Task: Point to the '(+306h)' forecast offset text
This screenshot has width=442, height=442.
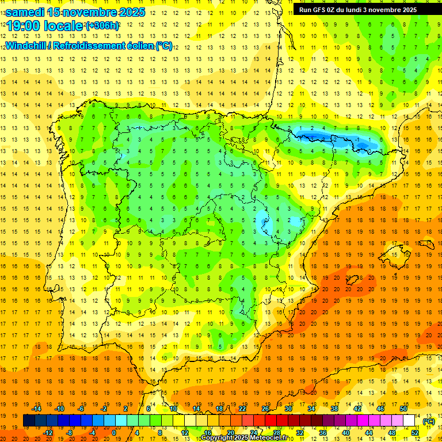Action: [102, 26]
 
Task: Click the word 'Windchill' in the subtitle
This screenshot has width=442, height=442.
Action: [26, 45]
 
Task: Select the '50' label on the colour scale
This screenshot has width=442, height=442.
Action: [403, 409]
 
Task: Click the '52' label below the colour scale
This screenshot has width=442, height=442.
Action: [415, 433]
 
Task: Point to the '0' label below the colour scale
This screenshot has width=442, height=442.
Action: [114, 433]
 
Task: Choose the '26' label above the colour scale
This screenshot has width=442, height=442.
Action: [265, 409]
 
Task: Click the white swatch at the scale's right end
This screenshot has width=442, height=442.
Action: [409, 421]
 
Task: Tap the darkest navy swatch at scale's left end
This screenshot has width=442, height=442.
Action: [29, 421]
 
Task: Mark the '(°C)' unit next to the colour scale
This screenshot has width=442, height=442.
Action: [428, 421]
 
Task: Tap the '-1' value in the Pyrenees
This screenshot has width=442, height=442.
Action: [358, 139]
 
